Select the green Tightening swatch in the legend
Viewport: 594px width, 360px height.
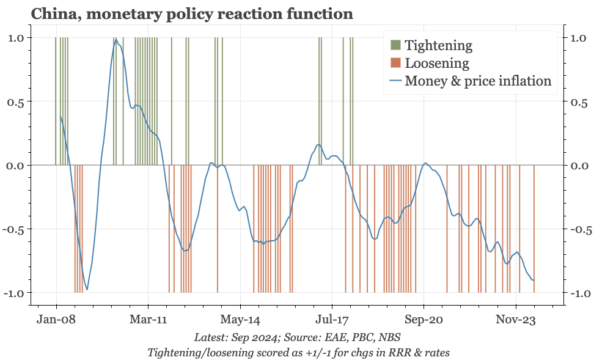pyautogui.click(x=395, y=45)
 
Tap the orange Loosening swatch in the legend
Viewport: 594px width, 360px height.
pyautogui.click(x=395, y=63)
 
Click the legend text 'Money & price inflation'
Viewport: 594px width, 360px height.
pyautogui.click(x=478, y=81)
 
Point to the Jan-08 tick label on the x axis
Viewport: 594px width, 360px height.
pyautogui.click(x=56, y=320)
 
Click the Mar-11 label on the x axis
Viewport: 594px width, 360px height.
pyautogui.click(x=148, y=320)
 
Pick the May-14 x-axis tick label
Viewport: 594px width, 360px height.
pyautogui.click(x=240, y=320)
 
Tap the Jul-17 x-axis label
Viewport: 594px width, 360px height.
pyautogui.click(x=332, y=320)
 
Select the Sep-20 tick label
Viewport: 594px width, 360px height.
pyautogui.click(x=424, y=320)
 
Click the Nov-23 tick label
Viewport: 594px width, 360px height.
pyautogui.click(x=516, y=320)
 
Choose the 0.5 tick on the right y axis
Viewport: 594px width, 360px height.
pyautogui.click(x=576, y=101)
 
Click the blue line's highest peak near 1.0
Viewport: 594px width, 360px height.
pyautogui.click(x=116, y=40)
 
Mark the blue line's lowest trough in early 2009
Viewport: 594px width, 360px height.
pyautogui.click(x=87, y=290)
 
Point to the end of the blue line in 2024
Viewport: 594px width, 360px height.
pyautogui.click(x=534, y=281)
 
